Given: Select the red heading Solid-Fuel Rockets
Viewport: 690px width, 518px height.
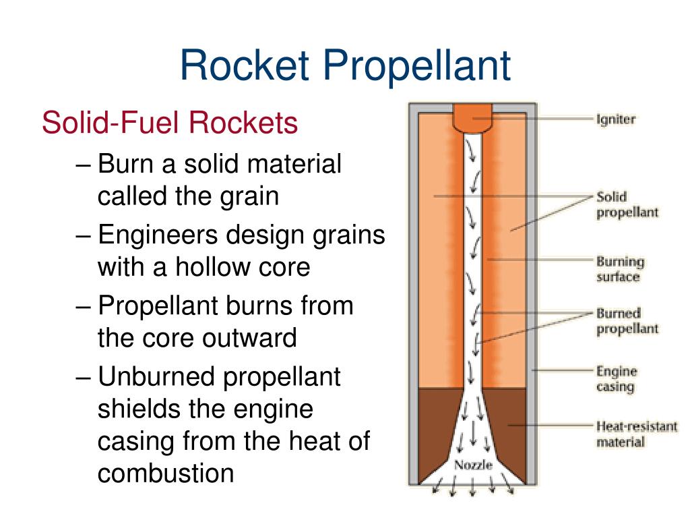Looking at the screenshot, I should (169, 123).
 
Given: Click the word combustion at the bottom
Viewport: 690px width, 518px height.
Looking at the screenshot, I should (166, 473).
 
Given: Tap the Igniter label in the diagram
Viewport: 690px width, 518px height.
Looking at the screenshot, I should (615, 120).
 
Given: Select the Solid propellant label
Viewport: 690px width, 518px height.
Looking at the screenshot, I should (626, 204).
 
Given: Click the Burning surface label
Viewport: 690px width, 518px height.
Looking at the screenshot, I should (619, 269).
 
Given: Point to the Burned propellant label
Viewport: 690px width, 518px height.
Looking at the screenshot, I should (626, 321).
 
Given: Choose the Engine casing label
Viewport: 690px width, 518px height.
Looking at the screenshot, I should (616, 379).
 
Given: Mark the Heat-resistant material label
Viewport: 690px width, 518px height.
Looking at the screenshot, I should (636, 434).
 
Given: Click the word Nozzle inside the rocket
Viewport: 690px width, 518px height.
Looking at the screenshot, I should (473, 465).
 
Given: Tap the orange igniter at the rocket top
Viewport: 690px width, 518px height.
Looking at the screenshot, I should (473, 118).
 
